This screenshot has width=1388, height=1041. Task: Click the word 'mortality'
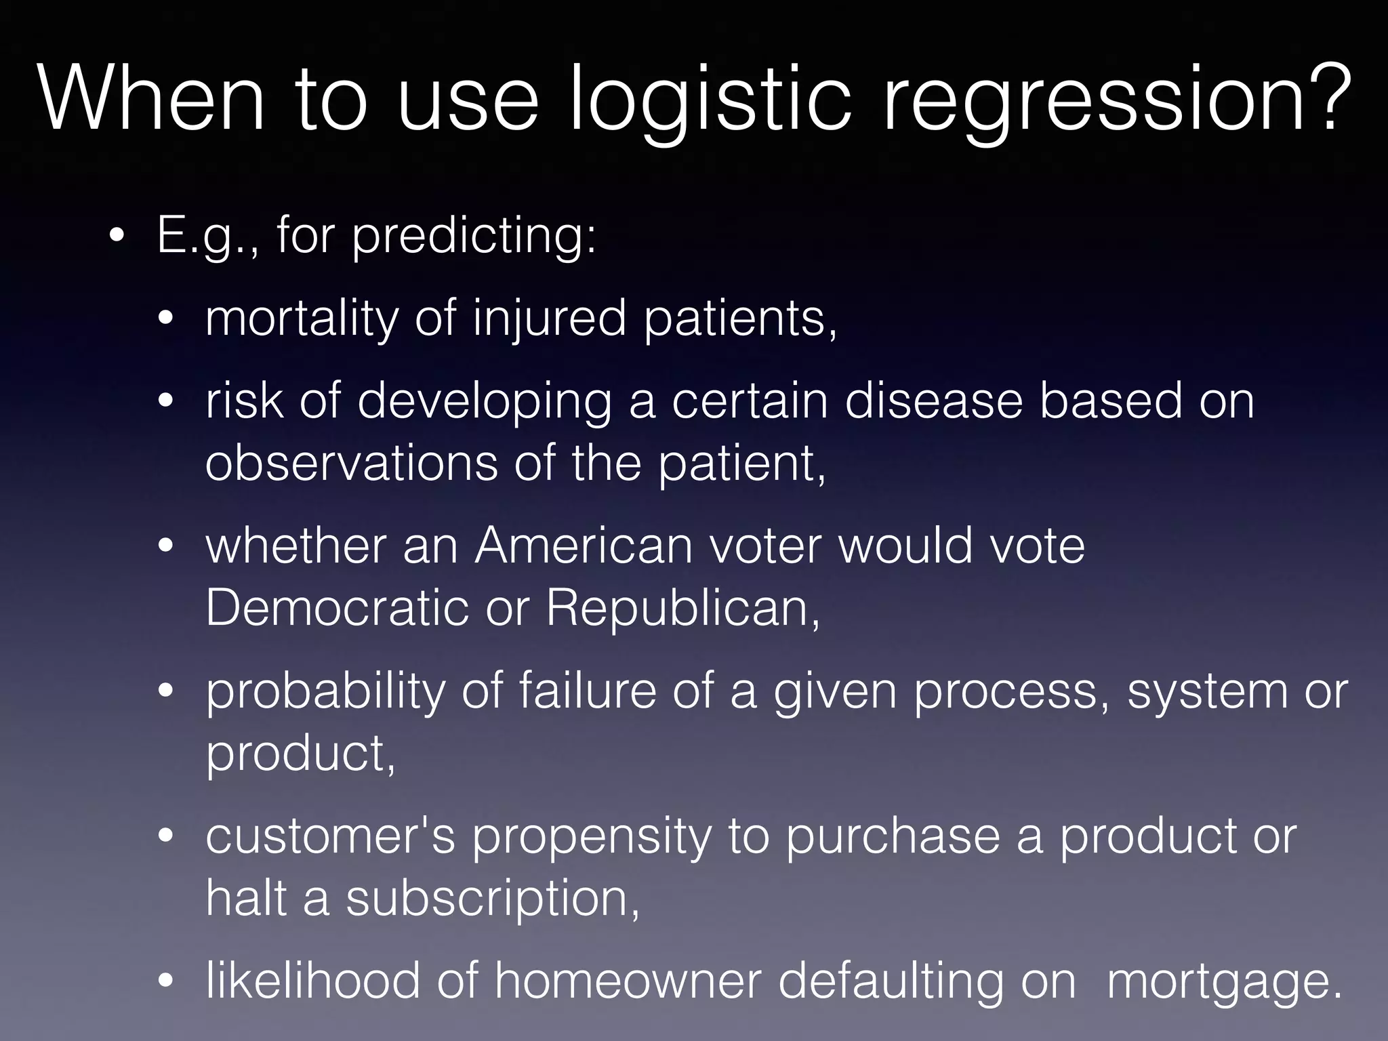pyautogui.click(x=302, y=319)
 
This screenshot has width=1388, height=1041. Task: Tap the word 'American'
pyautogui.click(x=584, y=546)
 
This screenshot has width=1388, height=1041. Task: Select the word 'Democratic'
pyautogui.click(x=337, y=608)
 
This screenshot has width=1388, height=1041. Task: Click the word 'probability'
pyautogui.click(x=325, y=692)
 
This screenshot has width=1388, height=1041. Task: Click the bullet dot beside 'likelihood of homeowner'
pyautogui.click(x=166, y=981)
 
